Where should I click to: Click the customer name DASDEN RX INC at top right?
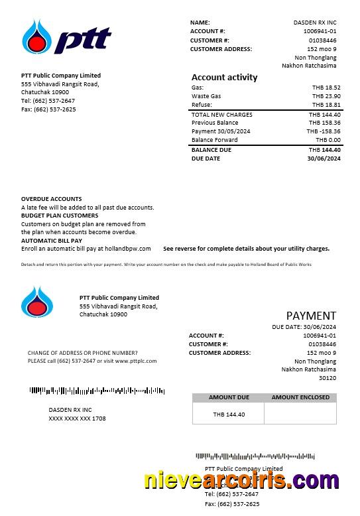[315, 23]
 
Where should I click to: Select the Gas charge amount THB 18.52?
[326, 88]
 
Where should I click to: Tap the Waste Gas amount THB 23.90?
[326, 96]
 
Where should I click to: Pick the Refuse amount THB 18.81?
[326, 105]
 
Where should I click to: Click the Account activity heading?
[224, 77]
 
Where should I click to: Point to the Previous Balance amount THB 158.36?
[325, 123]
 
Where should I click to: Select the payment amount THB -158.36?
[324, 131]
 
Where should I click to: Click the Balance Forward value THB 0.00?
[328, 140]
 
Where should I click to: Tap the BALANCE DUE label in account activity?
[211, 150]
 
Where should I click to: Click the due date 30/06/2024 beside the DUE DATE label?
[324, 159]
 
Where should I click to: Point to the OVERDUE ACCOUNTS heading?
[52, 199]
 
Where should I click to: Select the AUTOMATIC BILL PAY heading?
[52, 241]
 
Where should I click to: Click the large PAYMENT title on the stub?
[311, 316]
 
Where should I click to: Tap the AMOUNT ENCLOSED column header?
[300, 397]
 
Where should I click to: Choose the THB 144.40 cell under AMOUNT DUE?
[229, 415]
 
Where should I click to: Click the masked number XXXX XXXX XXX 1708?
[77, 419]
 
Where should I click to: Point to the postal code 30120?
[328, 378]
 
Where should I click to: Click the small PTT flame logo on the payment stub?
[37, 302]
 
